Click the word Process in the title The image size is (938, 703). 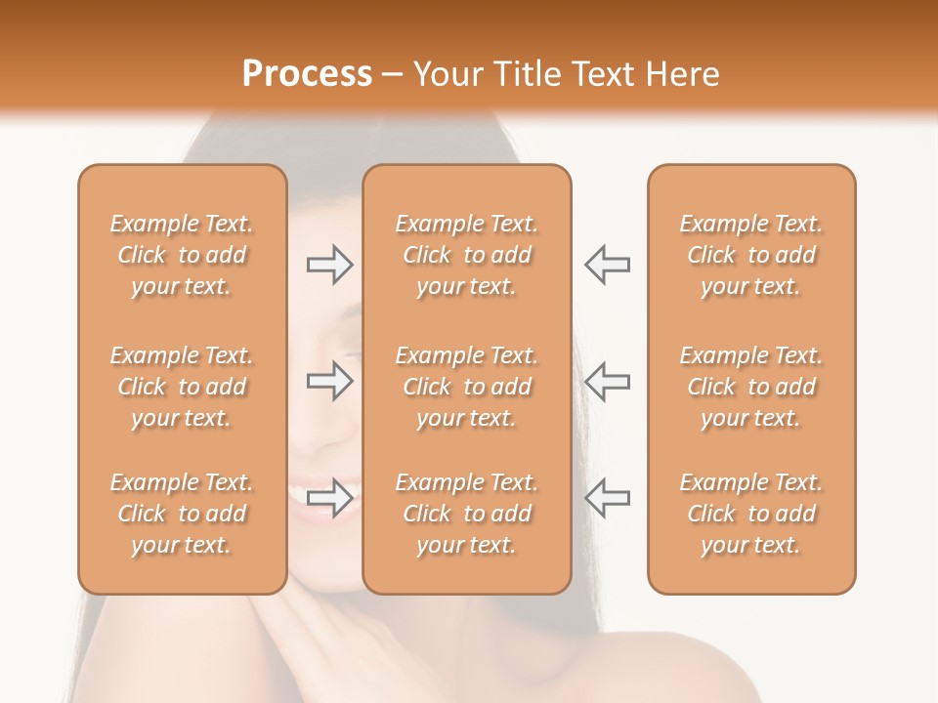click(x=307, y=74)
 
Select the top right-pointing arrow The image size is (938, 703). click(x=330, y=265)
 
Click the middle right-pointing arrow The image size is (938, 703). click(x=330, y=382)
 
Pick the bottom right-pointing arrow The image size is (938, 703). click(x=330, y=498)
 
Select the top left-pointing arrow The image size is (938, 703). click(x=608, y=265)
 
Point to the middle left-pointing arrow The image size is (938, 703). click(x=608, y=382)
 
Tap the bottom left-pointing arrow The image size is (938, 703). click(x=608, y=498)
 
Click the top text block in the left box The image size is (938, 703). click(x=182, y=255)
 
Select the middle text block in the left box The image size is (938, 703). click(x=182, y=387)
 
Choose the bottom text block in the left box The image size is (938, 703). click(x=182, y=514)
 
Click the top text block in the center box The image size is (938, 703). click(x=467, y=255)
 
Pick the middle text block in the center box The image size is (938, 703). click(x=467, y=387)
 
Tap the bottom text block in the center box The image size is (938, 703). click(x=467, y=514)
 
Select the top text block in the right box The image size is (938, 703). click(x=751, y=255)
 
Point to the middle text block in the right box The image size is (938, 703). click(x=751, y=387)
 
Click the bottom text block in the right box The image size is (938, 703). click(x=751, y=514)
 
